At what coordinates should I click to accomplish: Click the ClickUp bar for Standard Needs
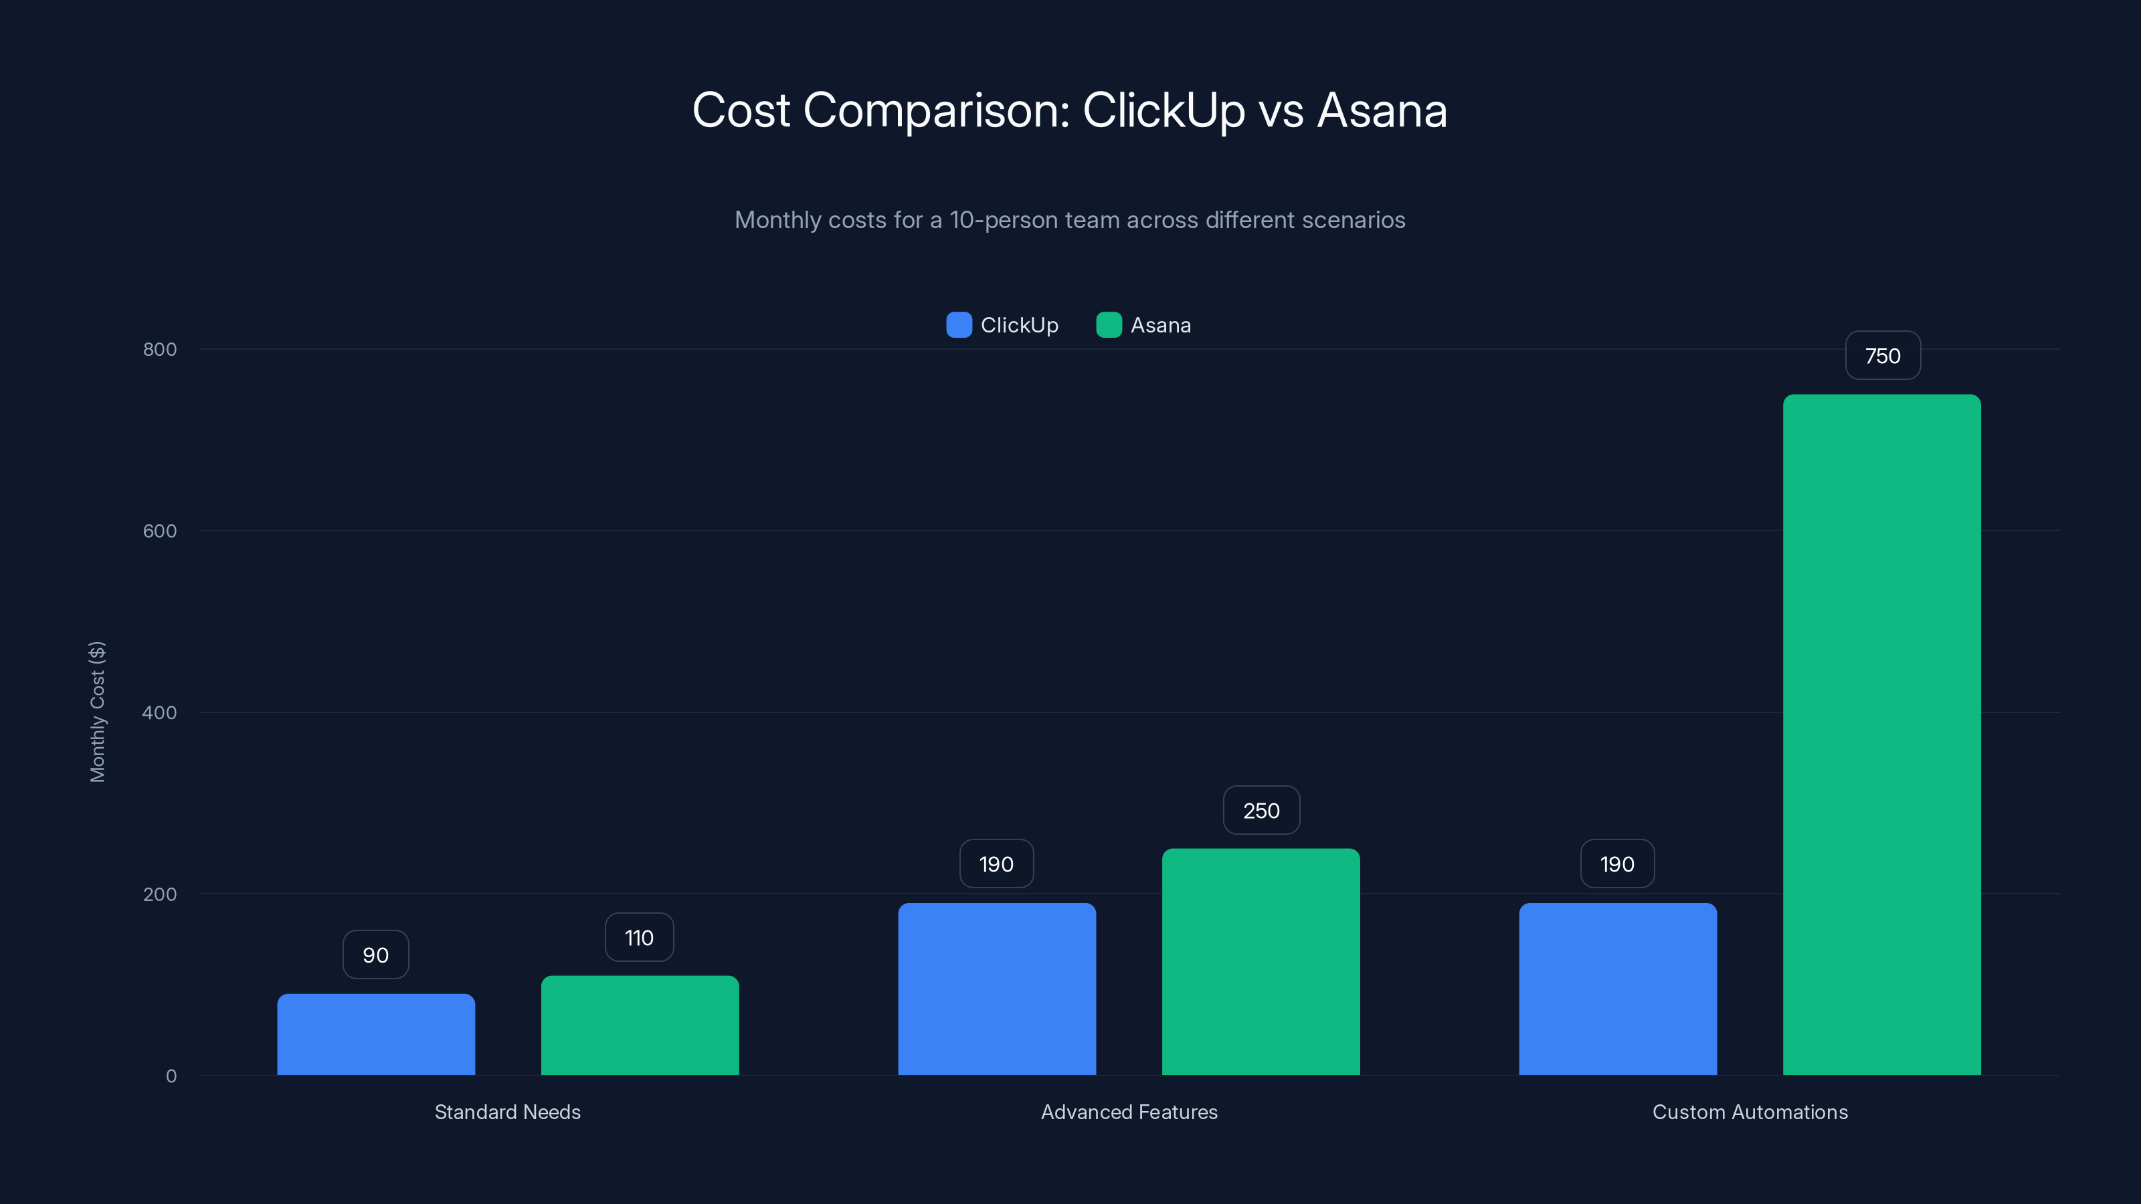[375, 1035]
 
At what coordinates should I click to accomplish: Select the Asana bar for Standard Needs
[640, 1025]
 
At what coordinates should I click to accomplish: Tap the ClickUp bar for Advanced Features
[996, 989]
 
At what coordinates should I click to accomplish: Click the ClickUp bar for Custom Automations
[1617, 989]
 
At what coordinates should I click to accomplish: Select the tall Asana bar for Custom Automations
[1881, 734]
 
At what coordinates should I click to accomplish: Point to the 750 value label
[1883, 356]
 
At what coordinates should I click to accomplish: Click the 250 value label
[1261, 810]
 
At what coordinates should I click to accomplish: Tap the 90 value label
[375, 955]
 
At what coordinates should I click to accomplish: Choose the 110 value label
[639, 937]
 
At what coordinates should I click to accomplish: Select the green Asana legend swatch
[1109, 325]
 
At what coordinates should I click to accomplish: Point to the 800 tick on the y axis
[160, 349]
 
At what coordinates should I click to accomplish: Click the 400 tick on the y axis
[160, 712]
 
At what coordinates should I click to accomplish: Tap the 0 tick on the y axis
[171, 1076]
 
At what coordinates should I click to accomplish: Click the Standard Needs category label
[508, 1112]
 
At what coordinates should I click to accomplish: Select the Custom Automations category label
[1750, 1112]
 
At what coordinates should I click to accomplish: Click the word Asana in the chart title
[1382, 110]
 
